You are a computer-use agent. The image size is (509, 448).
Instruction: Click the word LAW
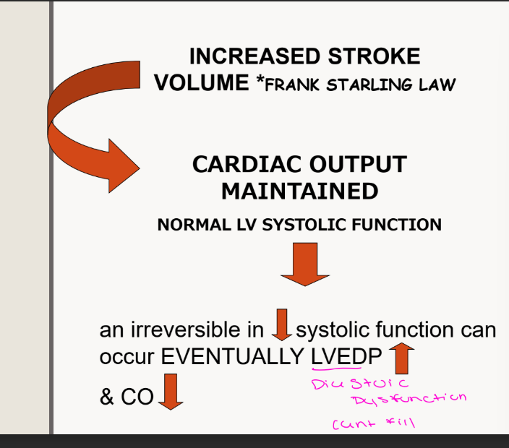pyautogui.click(x=437, y=84)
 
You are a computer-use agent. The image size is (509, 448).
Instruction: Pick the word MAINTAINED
pyautogui.click(x=299, y=191)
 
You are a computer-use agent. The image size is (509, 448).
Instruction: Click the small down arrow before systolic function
pyautogui.click(x=281, y=325)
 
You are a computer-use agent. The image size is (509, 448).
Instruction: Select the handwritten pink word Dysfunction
pyautogui.click(x=409, y=398)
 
